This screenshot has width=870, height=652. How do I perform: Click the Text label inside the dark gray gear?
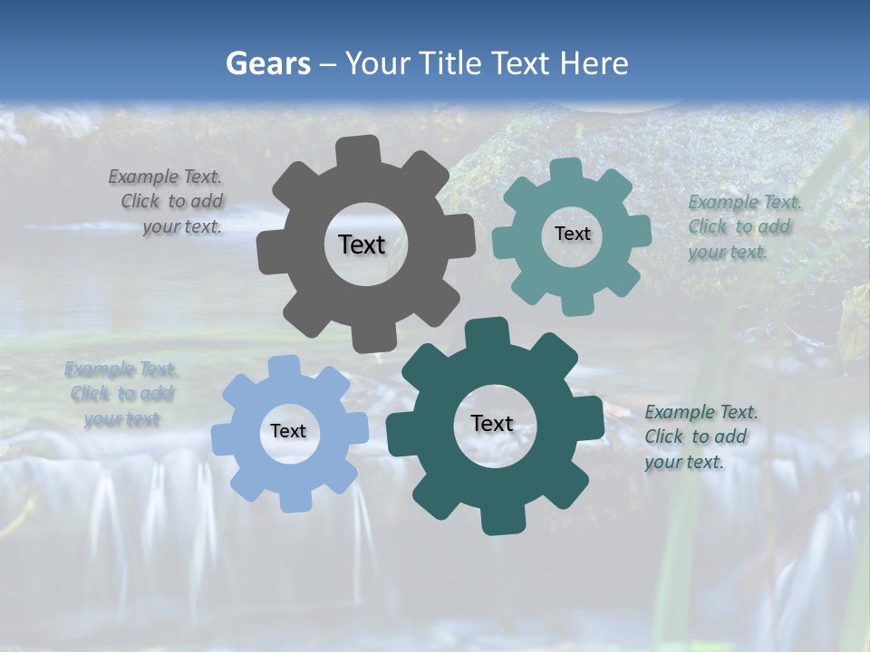click(x=362, y=244)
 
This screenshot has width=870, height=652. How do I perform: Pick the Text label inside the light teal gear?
click(x=572, y=234)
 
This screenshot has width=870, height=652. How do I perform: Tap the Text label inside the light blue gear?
click(x=288, y=431)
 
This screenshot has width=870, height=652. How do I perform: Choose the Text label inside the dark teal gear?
click(x=492, y=423)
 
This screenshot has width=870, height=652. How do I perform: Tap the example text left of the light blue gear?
click(x=121, y=394)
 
